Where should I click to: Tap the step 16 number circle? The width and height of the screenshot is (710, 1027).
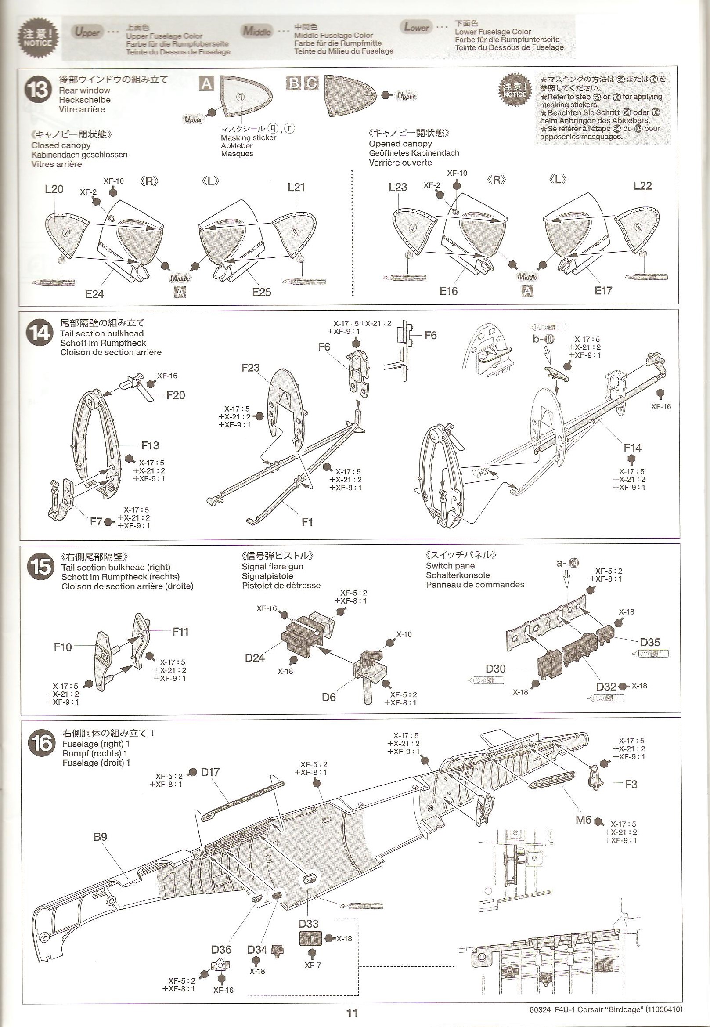coord(41,743)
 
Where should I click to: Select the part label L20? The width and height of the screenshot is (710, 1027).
coord(54,189)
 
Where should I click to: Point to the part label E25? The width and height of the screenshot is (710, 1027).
coord(261,292)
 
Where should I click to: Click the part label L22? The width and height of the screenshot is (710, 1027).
coord(642,186)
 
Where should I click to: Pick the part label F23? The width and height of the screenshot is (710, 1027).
coord(250,368)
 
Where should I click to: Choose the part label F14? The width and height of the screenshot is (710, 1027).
coord(632,448)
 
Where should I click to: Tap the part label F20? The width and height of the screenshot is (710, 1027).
coord(175,395)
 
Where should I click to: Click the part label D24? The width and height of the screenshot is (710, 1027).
coord(255,658)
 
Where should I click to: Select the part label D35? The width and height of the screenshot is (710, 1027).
coord(649,642)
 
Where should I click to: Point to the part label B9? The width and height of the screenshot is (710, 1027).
coord(100,837)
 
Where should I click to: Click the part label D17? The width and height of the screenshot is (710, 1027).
coord(210,772)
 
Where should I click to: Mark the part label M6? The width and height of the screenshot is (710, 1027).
coord(583,819)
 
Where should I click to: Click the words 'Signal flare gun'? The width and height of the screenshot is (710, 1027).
coord(272,567)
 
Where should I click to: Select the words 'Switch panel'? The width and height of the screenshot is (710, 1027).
coord(451,566)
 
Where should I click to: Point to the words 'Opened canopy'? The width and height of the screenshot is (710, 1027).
coord(400,144)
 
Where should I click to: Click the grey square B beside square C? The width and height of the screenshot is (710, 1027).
coord(295,83)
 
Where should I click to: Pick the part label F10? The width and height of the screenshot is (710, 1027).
coord(63,647)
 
